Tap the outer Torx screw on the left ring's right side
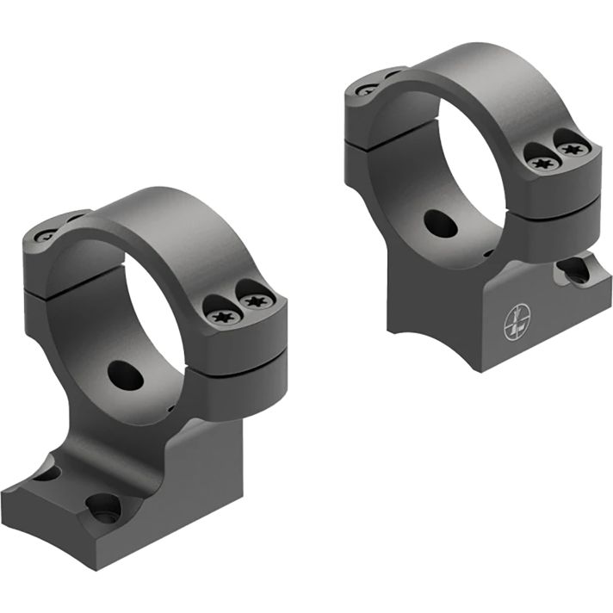coord(257,301)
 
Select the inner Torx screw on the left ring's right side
coord(221,315)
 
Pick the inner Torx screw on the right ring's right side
coord(540,163)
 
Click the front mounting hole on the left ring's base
coord(103,508)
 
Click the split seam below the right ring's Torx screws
coord(560,200)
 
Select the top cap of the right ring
coord(482,69)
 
